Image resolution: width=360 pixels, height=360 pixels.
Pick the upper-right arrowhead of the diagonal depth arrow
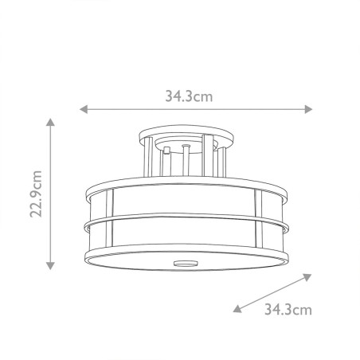(x=307, y=276)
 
